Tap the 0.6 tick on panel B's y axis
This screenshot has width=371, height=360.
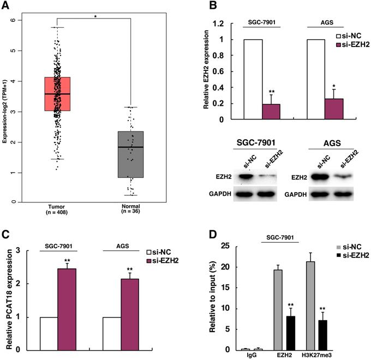[218, 71]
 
